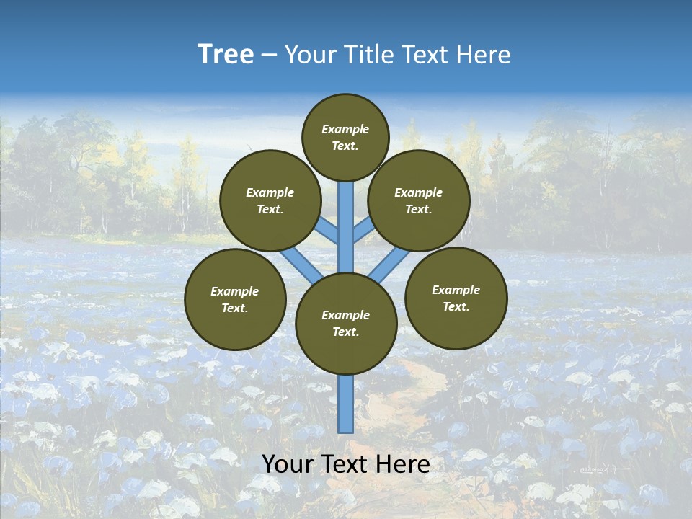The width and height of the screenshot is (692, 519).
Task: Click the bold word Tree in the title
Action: click(226, 55)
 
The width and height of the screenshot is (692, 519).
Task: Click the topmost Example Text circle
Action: click(345, 137)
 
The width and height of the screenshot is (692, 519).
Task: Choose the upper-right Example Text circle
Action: click(419, 200)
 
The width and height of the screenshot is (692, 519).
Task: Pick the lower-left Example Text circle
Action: click(235, 299)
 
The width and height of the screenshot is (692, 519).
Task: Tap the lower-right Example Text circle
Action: click(456, 298)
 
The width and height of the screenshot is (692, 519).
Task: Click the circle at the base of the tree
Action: click(346, 324)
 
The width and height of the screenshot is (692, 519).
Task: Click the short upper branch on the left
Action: click(328, 231)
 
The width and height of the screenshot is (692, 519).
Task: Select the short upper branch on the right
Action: click(363, 230)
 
